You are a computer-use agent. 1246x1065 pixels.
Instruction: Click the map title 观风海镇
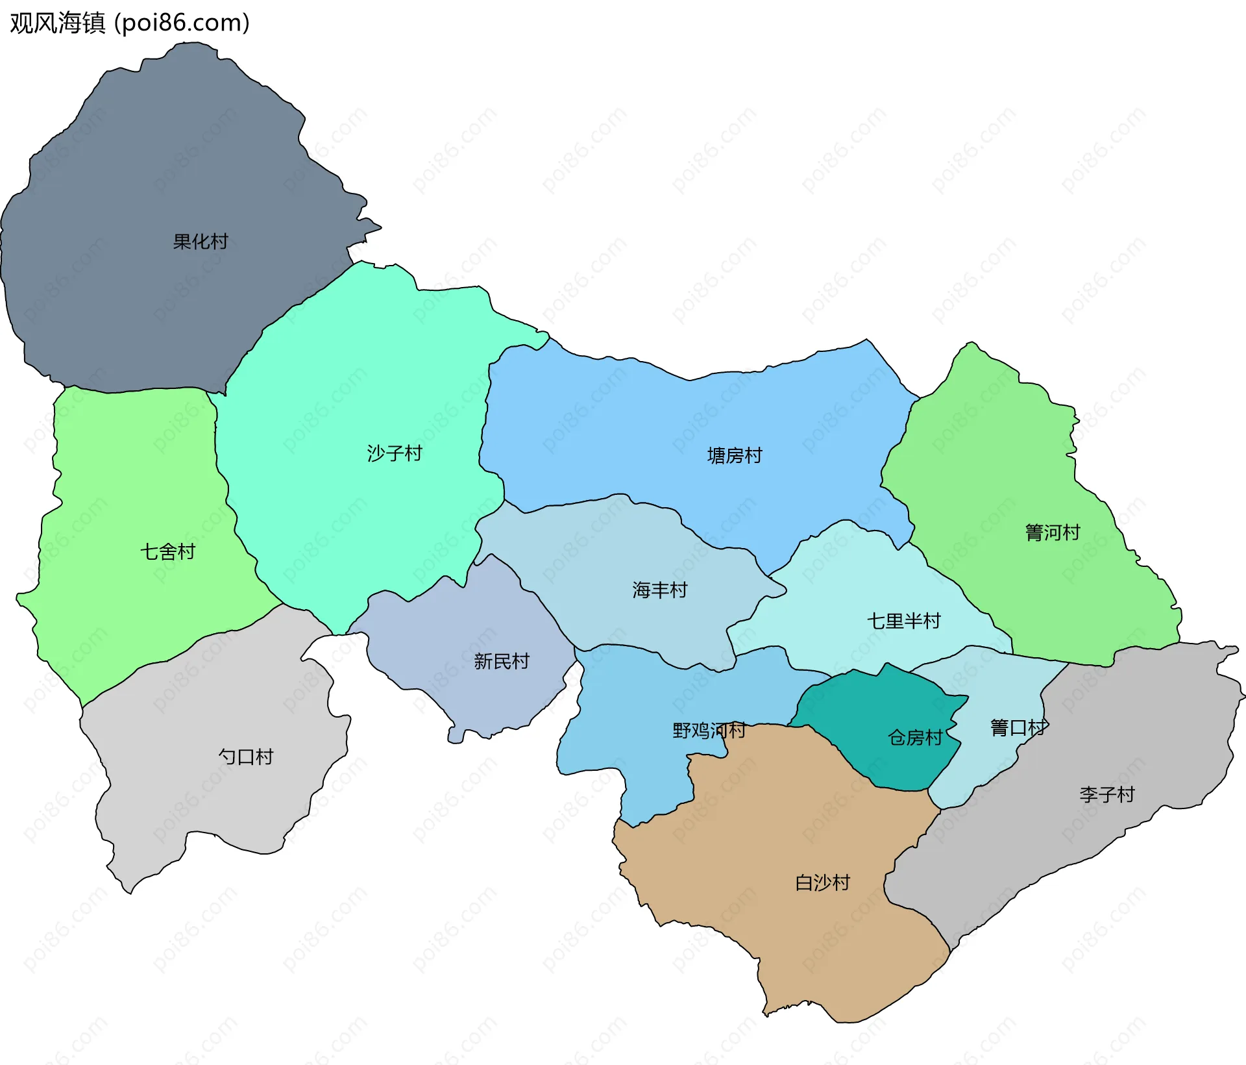(x=57, y=23)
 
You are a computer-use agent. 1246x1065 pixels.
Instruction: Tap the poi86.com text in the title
(x=182, y=23)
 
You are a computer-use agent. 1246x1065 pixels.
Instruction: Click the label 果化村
(x=201, y=242)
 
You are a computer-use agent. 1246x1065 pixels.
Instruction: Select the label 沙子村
(x=395, y=453)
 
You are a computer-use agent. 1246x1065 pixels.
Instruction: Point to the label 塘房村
(x=735, y=456)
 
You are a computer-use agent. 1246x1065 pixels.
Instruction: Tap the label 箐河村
(x=1053, y=533)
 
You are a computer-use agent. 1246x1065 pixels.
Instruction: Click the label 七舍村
(x=168, y=552)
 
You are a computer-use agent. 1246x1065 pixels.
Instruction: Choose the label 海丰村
(x=660, y=590)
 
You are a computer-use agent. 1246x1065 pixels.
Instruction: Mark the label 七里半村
(x=904, y=621)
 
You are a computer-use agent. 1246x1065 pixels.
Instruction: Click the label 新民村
(x=502, y=662)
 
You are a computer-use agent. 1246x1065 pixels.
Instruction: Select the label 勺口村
(x=246, y=757)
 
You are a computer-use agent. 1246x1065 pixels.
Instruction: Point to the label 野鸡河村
(x=709, y=731)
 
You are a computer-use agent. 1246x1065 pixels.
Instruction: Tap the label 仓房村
(x=915, y=738)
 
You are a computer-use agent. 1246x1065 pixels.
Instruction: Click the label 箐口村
(x=1018, y=728)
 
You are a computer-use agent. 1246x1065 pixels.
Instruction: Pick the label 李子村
(x=1107, y=795)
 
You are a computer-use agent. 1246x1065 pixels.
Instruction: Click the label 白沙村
(x=823, y=883)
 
